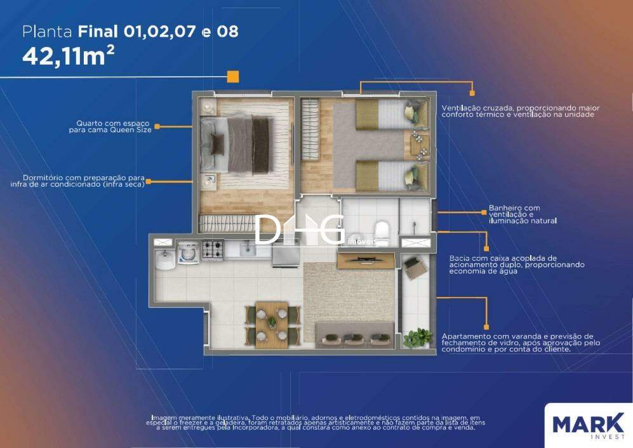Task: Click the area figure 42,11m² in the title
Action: pyautogui.click(x=68, y=56)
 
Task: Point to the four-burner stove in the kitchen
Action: pyautogui.click(x=213, y=250)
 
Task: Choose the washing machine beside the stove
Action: pyautogui.click(x=188, y=253)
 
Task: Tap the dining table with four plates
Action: pyautogui.click(x=272, y=324)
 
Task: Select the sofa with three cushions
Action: pyautogui.click(x=355, y=334)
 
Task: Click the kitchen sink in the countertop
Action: pyautogui.click(x=248, y=249)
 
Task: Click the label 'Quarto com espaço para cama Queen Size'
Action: pyautogui.click(x=110, y=126)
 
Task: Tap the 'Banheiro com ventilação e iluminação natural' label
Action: pyautogui.click(x=523, y=214)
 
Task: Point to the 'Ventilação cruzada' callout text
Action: pyautogui.click(x=521, y=111)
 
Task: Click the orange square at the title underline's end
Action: pyautogui.click(x=233, y=76)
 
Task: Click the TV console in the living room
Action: pyautogui.click(x=366, y=260)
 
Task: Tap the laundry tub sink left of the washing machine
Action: pyautogui.click(x=164, y=259)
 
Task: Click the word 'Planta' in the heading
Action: pyautogui.click(x=47, y=32)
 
